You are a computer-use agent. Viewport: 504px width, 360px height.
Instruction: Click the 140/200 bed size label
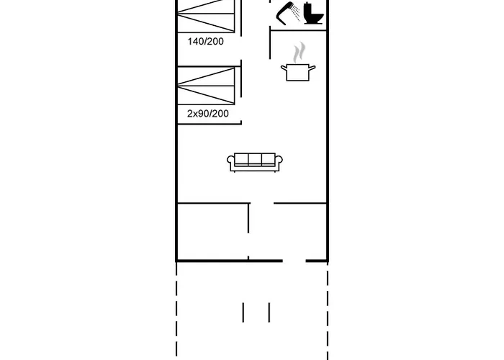(205, 42)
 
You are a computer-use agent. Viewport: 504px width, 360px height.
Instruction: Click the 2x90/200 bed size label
(208, 114)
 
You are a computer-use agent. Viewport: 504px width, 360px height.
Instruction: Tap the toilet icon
(313, 13)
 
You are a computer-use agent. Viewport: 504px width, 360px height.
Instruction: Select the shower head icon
(287, 13)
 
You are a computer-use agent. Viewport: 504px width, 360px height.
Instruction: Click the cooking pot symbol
(298, 72)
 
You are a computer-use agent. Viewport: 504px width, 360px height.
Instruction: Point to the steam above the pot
(299, 52)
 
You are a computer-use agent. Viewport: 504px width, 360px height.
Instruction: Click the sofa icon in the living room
(255, 162)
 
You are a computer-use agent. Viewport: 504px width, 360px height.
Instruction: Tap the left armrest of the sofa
(231, 162)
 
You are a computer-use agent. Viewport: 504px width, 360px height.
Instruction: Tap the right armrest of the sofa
(279, 162)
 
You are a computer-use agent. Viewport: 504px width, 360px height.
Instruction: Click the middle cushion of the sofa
(255, 159)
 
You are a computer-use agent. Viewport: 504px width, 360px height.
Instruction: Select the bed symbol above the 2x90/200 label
(206, 86)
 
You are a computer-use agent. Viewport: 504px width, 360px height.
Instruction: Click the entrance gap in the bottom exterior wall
(294, 261)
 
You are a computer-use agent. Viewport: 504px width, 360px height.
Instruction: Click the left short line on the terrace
(243, 312)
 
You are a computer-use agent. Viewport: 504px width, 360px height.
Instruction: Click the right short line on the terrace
(269, 312)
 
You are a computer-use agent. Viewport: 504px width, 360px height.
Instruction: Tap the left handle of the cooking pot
(284, 68)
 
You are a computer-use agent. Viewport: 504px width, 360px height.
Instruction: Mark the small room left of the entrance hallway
(213, 231)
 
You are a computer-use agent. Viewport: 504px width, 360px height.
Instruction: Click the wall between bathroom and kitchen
(299, 30)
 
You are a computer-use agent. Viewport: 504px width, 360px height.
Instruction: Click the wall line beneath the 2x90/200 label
(210, 123)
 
